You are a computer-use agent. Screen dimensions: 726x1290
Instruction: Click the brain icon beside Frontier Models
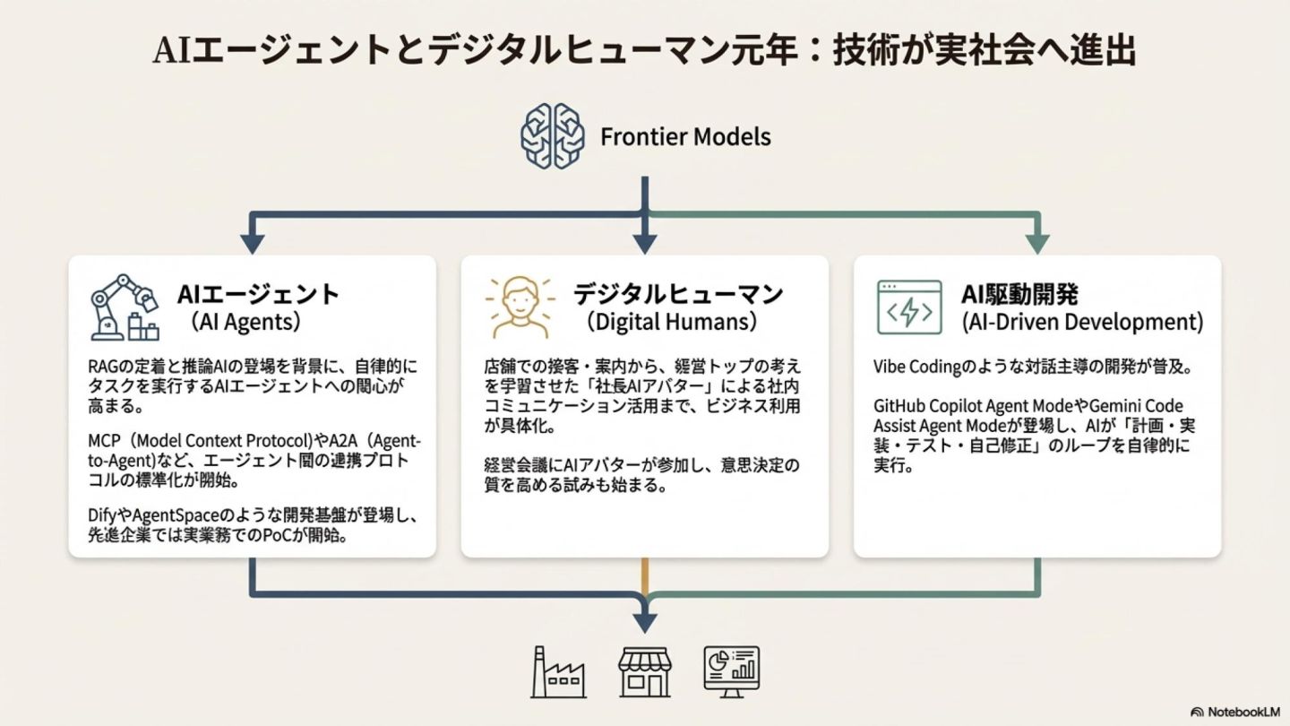pos(553,136)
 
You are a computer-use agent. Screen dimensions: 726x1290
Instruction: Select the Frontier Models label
pos(685,137)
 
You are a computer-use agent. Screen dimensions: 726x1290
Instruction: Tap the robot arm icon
pos(124,307)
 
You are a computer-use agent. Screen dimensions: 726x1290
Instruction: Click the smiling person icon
pos(515,307)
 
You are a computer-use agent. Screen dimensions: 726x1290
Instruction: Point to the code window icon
pos(908,307)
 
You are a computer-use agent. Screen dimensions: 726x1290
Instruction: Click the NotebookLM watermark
pos(1237,712)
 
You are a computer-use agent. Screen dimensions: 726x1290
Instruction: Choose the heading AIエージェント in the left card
pos(259,294)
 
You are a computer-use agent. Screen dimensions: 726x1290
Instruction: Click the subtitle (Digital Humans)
pos(672,322)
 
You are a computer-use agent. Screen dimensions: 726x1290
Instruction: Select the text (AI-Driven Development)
pos(1082,322)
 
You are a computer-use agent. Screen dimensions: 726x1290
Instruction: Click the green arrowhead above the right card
pos(1037,243)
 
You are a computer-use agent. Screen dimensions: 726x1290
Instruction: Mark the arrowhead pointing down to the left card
pos(252,243)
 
